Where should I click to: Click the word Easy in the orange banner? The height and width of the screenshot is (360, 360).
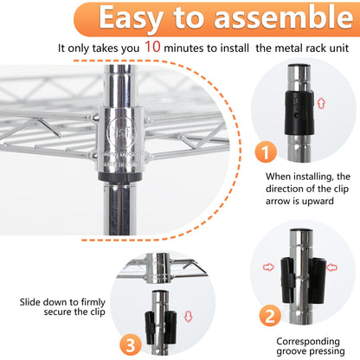pos(131,18)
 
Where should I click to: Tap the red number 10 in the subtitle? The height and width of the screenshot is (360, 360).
pos(152,46)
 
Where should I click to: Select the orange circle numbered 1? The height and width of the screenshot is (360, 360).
pos(266,151)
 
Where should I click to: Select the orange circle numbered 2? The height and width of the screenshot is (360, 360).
pos(270,316)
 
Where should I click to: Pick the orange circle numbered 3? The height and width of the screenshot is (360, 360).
pos(131,344)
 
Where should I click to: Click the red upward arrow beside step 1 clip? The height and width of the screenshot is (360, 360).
pos(321,103)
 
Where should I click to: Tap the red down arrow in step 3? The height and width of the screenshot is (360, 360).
pos(188,317)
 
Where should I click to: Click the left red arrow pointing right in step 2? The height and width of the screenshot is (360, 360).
pos(268,267)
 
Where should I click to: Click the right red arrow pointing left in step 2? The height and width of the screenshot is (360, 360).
pos(331,267)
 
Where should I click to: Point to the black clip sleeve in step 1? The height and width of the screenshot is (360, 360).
pos(299,112)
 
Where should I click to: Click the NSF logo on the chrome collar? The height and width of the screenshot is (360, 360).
pos(121,132)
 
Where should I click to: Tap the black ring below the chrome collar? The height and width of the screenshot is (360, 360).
pos(119,177)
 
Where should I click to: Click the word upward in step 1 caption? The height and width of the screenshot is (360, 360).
pos(317,201)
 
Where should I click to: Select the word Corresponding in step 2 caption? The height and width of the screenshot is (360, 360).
pos(308,341)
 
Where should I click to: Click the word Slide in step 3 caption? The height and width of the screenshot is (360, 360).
pos(30,302)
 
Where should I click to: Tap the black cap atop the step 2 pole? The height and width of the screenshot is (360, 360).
pos(301,230)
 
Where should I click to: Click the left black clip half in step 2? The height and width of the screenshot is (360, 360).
pos(288,280)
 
